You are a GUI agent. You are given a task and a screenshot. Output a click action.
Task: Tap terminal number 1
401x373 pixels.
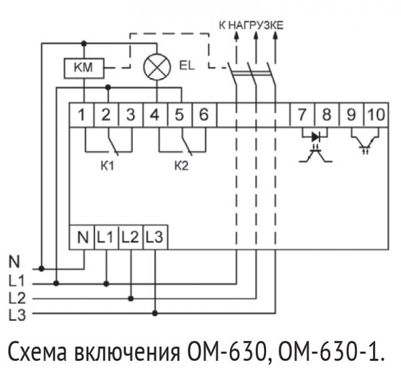(x=81, y=114)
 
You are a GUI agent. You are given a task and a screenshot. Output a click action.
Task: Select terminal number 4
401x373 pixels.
(x=154, y=114)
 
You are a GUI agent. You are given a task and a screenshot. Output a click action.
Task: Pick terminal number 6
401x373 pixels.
(x=203, y=114)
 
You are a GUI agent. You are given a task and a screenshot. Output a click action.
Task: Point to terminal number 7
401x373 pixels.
(x=302, y=114)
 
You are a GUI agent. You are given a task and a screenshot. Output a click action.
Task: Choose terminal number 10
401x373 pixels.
(x=375, y=114)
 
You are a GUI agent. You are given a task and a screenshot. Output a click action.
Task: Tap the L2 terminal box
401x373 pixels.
(x=131, y=236)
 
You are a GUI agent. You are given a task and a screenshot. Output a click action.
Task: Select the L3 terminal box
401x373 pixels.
(x=154, y=236)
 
